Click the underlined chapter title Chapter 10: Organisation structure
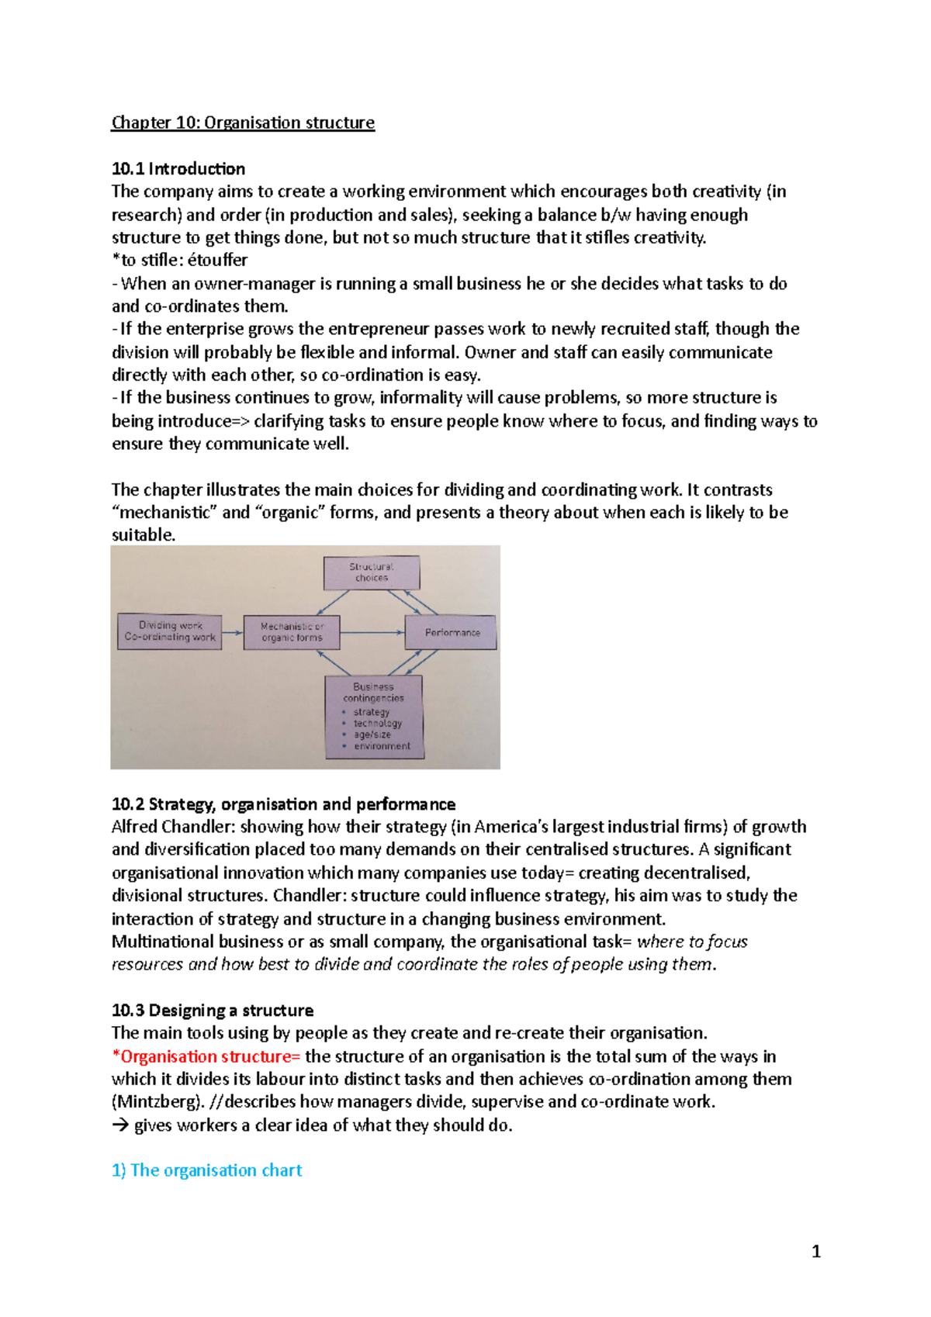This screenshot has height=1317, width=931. pos(243,123)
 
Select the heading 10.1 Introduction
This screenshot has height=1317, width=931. pos(178,169)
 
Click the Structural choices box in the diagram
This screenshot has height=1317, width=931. pos(372,572)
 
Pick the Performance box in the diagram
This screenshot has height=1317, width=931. pos(452,633)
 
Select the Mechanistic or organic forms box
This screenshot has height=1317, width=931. pos(292,632)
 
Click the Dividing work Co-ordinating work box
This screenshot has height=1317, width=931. pos(169,631)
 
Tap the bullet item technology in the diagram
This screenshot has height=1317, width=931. pos(377,724)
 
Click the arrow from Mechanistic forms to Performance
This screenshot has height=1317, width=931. pos(373,633)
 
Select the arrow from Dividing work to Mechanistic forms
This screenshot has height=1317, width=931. pos(232,633)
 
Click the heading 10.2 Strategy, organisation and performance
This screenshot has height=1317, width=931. pos(283,804)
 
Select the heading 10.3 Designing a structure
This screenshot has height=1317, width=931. pos(213,1011)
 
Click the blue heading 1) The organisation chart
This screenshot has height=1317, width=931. pos(206,1170)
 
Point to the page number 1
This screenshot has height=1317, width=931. pos(815,1251)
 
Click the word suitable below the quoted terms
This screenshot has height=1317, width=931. pos(142,535)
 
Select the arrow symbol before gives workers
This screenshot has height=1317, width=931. pos(119,1125)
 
